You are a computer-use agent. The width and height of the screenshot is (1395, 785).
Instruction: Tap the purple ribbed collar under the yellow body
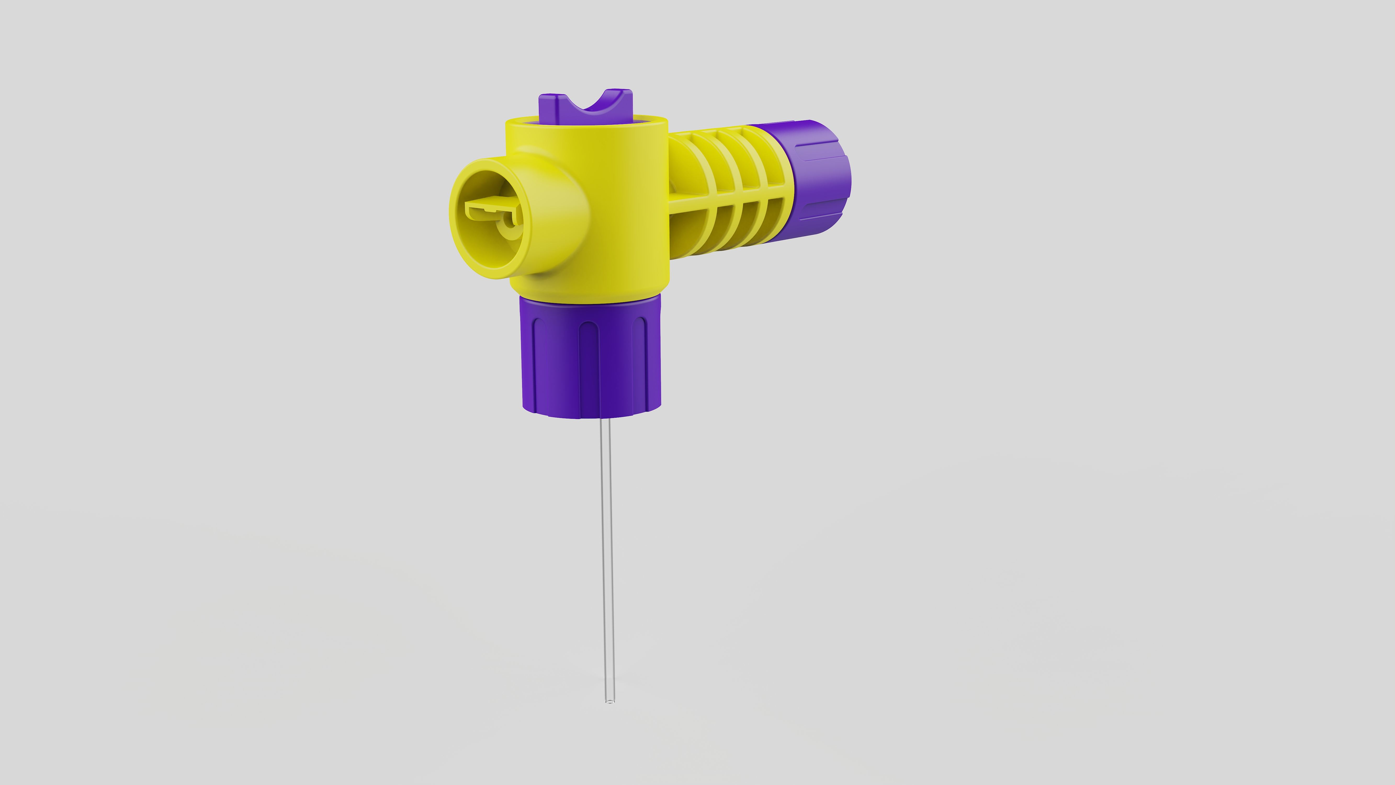(x=591, y=357)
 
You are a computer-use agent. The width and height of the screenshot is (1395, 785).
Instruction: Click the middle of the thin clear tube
(x=608, y=558)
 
